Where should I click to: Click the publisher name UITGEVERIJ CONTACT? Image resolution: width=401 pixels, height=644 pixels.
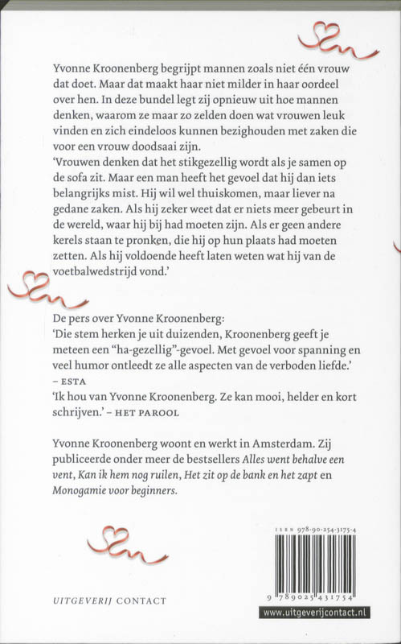[x=115, y=601]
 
